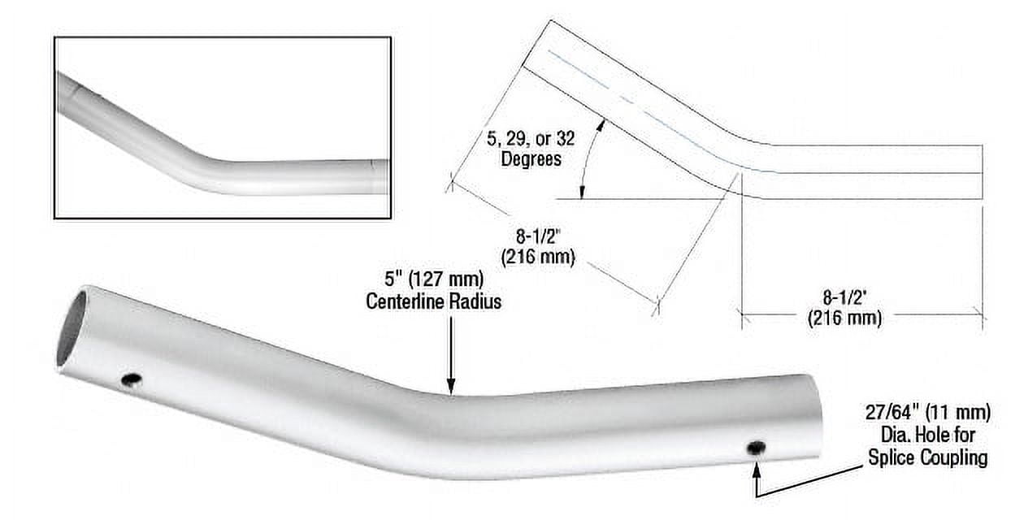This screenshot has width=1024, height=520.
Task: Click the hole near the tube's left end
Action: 130,379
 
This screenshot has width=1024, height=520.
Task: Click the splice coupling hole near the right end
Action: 757,448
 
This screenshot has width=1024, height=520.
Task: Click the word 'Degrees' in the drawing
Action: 531,158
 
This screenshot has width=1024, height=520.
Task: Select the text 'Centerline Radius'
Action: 433,301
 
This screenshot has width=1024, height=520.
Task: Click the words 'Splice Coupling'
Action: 927,457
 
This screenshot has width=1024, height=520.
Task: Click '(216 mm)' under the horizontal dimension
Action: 844,318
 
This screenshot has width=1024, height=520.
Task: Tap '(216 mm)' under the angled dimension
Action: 538,259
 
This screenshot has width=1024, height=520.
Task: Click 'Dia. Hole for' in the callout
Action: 927,436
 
